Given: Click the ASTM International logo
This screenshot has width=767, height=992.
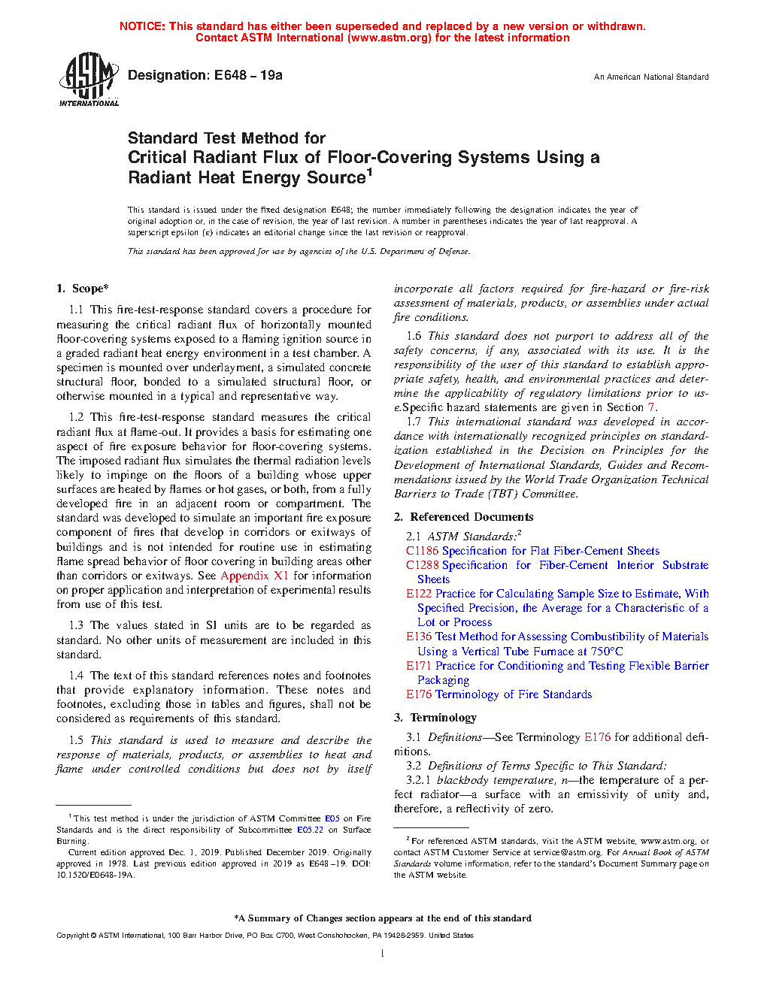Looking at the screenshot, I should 88,79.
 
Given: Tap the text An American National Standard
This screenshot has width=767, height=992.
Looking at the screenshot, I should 650,77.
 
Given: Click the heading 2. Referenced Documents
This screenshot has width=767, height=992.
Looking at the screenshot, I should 464,517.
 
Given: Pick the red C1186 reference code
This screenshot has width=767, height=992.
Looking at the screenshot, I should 422,551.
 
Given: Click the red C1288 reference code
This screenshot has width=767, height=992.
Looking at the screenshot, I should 422,565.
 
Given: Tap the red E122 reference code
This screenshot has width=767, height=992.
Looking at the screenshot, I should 419,594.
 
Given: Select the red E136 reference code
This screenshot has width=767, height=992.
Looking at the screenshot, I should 419,637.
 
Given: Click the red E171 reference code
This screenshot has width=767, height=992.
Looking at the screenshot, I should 419,666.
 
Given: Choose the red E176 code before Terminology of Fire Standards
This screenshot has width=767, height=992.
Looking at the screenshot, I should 419,694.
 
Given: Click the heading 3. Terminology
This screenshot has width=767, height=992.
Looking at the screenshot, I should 435,718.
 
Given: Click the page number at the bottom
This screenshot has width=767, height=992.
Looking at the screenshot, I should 383,954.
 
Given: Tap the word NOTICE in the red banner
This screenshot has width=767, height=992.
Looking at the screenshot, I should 142,26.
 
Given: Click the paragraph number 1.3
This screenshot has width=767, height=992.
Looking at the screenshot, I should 76,625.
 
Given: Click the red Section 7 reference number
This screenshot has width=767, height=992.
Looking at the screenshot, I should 651,407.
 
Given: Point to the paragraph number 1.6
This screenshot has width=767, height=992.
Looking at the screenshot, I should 414,336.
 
